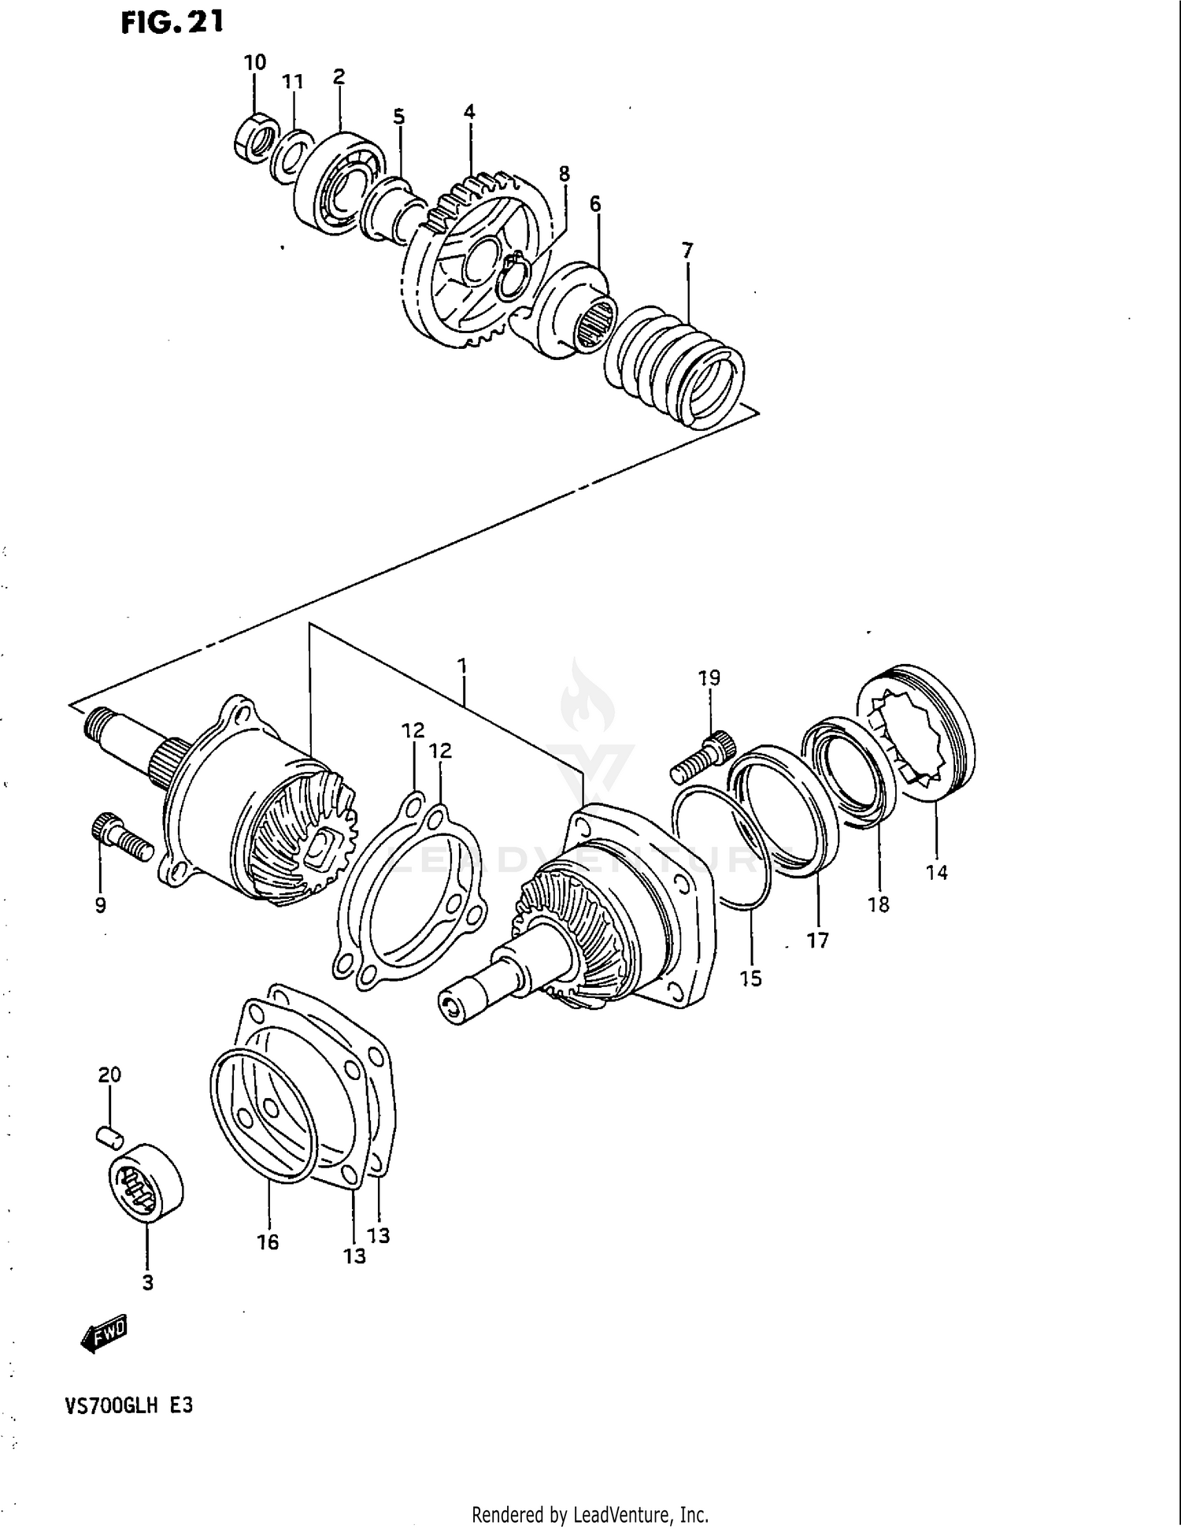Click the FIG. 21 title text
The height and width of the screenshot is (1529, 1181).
click(x=172, y=22)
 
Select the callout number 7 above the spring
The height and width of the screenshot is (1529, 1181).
click(x=687, y=251)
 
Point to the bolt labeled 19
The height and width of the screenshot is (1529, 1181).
click(x=703, y=755)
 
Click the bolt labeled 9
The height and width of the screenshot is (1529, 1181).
click(x=122, y=838)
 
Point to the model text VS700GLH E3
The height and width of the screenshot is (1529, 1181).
click(x=129, y=1405)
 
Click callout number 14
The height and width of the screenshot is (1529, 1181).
click(x=936, y=872)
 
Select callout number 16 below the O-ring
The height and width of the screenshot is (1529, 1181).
click(x=268, y=1242)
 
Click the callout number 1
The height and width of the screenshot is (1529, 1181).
click(x=463, y=666)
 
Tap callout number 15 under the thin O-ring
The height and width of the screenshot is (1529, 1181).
click(x=750, y=978)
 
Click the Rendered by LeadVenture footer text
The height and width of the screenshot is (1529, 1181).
click(x=590, y=1514)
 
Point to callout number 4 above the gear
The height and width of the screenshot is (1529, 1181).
click(x=469, y=112)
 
